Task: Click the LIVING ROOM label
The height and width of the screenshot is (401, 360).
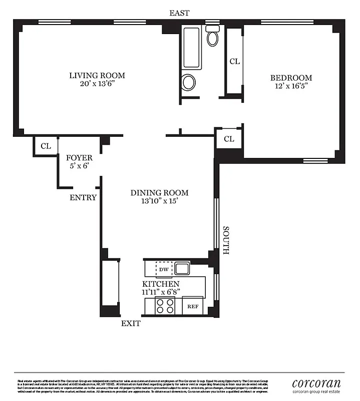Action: pos(97,76)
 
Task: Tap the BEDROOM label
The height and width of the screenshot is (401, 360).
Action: pos(291,78)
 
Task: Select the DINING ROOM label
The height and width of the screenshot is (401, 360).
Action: pos(159,192)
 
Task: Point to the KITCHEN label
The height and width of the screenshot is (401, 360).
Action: pos(160,284)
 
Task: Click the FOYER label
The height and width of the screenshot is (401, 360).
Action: pos(79,158)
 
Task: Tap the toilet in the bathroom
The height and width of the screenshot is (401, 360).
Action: pos(213,36)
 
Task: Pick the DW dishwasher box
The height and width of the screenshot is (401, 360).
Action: pos(164,269)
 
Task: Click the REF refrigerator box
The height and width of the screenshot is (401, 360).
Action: pos(193,306)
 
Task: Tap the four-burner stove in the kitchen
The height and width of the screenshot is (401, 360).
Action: pos(165,306)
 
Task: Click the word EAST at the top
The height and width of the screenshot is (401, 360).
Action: pos(179,13)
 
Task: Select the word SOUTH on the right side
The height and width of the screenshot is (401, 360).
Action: pos(226,241)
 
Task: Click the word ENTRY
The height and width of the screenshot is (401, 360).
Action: pos(83,197)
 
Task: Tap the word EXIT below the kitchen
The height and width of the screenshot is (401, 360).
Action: pos(131,323)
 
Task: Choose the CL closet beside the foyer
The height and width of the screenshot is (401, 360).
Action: pos(46,146)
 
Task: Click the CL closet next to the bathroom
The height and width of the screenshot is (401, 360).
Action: pos(234,61)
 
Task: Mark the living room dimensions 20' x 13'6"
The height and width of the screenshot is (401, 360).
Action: pos(97,84)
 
